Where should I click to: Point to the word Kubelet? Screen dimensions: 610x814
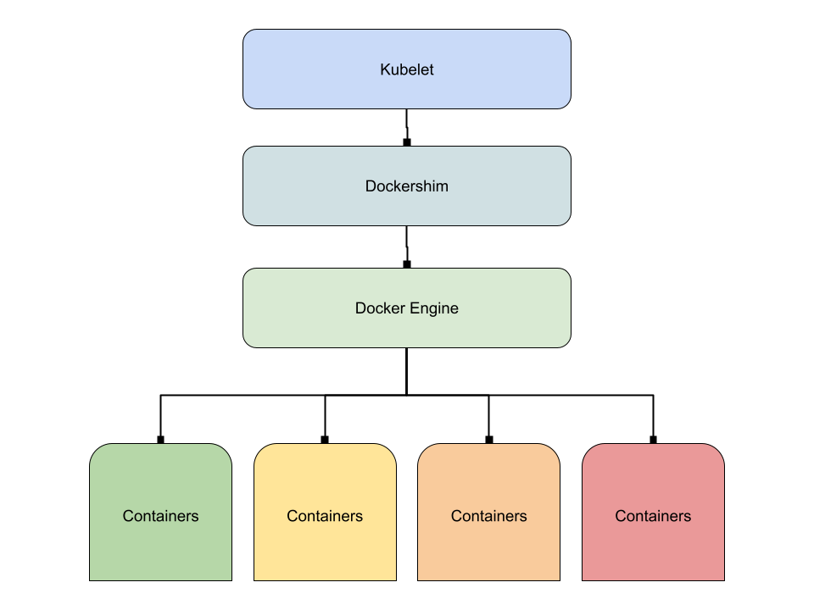tap(407, 69)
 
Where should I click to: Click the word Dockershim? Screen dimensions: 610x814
tap(407, 186)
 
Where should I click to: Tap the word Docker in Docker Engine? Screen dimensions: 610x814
tap(376, 308)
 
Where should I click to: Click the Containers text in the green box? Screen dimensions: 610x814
tap(160, 516)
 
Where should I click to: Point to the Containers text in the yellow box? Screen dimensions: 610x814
tap(325, 516)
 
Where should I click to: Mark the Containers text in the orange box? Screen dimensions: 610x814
tap(489, 516)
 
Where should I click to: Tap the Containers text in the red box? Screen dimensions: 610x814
tap(653, 516)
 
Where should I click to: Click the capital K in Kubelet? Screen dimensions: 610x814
tap(385, 69)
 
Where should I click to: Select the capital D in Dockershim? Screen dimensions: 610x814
tap(371, 186)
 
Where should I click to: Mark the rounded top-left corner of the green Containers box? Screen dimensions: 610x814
tap(98, 452)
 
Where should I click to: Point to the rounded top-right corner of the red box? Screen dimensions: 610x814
tap(716, 452)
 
